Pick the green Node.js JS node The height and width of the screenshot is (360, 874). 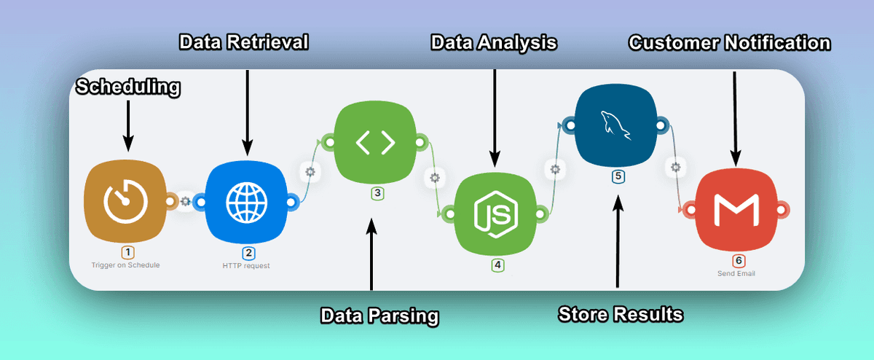[495, 214]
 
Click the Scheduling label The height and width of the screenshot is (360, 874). [128, 88]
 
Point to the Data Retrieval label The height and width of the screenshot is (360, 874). [244, 42]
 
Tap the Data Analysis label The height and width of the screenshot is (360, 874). [494, 42]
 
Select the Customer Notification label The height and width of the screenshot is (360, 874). [729, 43]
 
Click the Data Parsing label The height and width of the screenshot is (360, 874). [380, 316]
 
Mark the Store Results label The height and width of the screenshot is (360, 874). [621, 314]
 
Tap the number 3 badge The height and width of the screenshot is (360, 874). [377, 193]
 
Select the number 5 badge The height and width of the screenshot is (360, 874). [618, 176]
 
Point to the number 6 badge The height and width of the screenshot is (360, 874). [739, 261]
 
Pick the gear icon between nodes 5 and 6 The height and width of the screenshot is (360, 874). [675, 168]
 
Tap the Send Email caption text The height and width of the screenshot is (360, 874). [738, 274]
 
